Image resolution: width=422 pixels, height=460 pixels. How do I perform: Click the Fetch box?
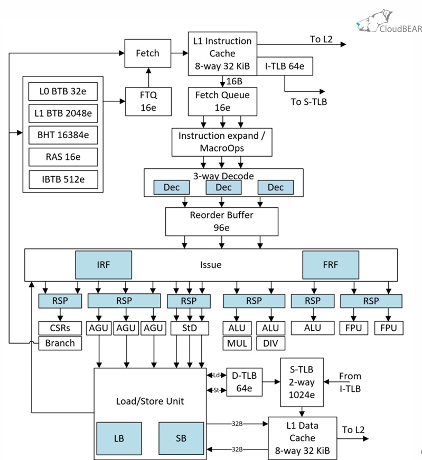point(147,53)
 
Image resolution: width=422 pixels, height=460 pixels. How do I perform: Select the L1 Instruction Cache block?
point(222,53)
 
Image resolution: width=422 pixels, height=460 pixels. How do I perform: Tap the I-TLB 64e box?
point(285,66)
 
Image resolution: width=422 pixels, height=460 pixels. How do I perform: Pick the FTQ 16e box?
point(147,101)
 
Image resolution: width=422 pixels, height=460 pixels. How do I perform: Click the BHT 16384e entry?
point(63,135)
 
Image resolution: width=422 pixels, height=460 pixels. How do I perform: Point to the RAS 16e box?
point(63,157)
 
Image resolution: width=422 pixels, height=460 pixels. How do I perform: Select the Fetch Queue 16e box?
point(222,101)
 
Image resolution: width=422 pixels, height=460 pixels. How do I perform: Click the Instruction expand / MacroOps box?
point(222,141)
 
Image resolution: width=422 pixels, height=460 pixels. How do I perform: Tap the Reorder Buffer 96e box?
point(221,222)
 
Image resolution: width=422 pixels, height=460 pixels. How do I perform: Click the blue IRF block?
point(103,265)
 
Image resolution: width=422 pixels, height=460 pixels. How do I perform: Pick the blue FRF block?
point(330,265)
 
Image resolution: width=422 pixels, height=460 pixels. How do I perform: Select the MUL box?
point(238,343)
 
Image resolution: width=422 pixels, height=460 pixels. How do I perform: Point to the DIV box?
point(271,343)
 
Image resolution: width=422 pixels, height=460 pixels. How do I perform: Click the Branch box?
point(60,343)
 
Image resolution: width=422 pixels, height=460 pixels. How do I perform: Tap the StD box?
point(190,328)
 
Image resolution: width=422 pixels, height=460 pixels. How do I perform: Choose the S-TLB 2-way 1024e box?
point(302,382)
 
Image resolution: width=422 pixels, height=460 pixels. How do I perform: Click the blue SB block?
point(181,438)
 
